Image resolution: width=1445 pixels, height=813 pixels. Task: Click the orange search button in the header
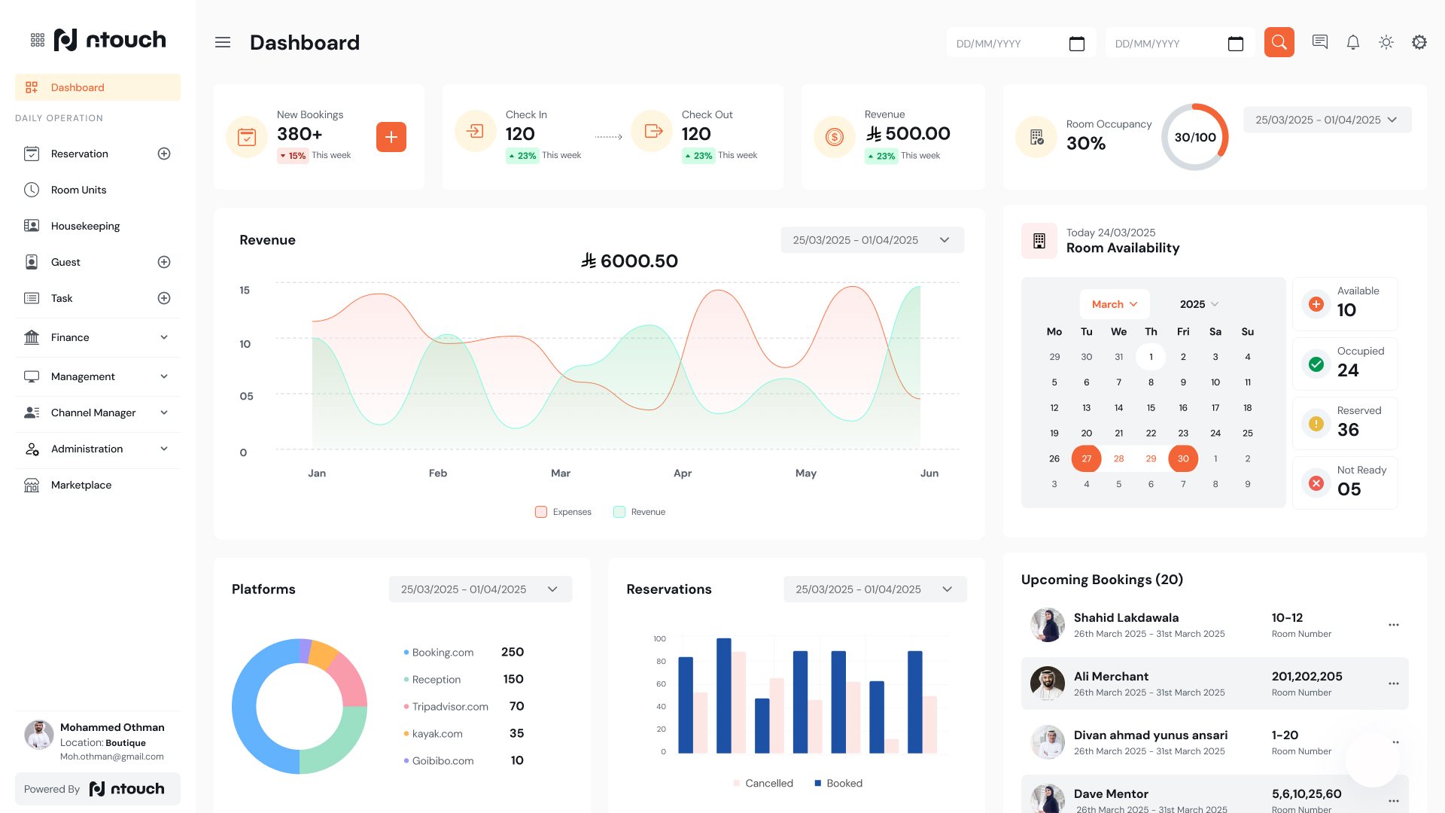1279,43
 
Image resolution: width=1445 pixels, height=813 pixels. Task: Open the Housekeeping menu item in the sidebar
85,226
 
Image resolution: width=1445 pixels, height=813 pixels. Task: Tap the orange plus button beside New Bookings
391,137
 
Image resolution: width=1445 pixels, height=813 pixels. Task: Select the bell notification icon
1352,43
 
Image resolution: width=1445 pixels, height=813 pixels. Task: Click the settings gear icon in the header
1419,43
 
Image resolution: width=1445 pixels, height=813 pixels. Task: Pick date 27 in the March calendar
1086,458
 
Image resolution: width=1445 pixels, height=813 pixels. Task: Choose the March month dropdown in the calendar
1115,304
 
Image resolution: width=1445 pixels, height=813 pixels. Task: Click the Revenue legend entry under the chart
640,512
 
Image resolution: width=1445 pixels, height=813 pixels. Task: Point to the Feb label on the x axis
438,473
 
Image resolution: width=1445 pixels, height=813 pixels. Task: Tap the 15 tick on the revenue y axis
245,290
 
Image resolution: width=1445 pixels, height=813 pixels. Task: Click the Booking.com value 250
513,652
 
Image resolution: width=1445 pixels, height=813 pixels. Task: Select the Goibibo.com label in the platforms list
443,761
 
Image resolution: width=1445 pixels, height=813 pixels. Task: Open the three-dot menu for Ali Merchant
1393,684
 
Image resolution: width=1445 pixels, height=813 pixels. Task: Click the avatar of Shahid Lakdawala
1047,625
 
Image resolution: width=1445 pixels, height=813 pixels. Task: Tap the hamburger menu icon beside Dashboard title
223,43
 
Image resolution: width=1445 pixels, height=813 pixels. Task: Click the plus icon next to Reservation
164,154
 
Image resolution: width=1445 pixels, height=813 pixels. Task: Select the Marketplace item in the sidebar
81,485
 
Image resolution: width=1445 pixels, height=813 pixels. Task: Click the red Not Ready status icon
1316,483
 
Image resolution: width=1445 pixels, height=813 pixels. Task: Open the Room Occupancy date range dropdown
1327,120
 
